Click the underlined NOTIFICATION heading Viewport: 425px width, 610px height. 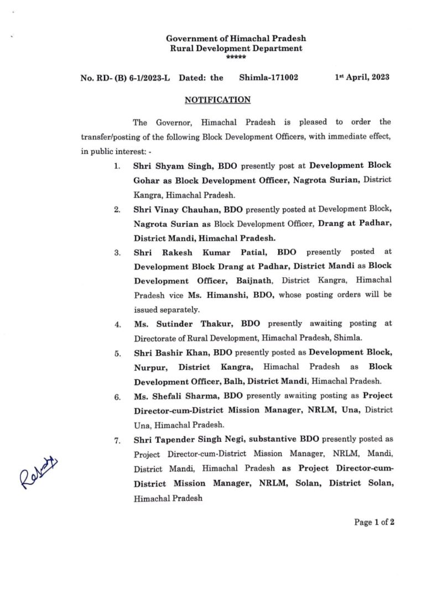click(x=217, y=100)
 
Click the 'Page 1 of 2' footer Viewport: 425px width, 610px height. click(x=374, y=522)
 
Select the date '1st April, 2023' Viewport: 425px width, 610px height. click(x=362, y=77)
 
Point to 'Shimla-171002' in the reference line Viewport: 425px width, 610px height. click(x=268, y=77)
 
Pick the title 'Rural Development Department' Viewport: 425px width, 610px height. click(x=236, y=48)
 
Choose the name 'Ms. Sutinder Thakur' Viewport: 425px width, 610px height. click(x=173, y=324)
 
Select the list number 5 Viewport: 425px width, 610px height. click(x=117, y=353)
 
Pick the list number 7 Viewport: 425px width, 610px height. click(x=117, y=440)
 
